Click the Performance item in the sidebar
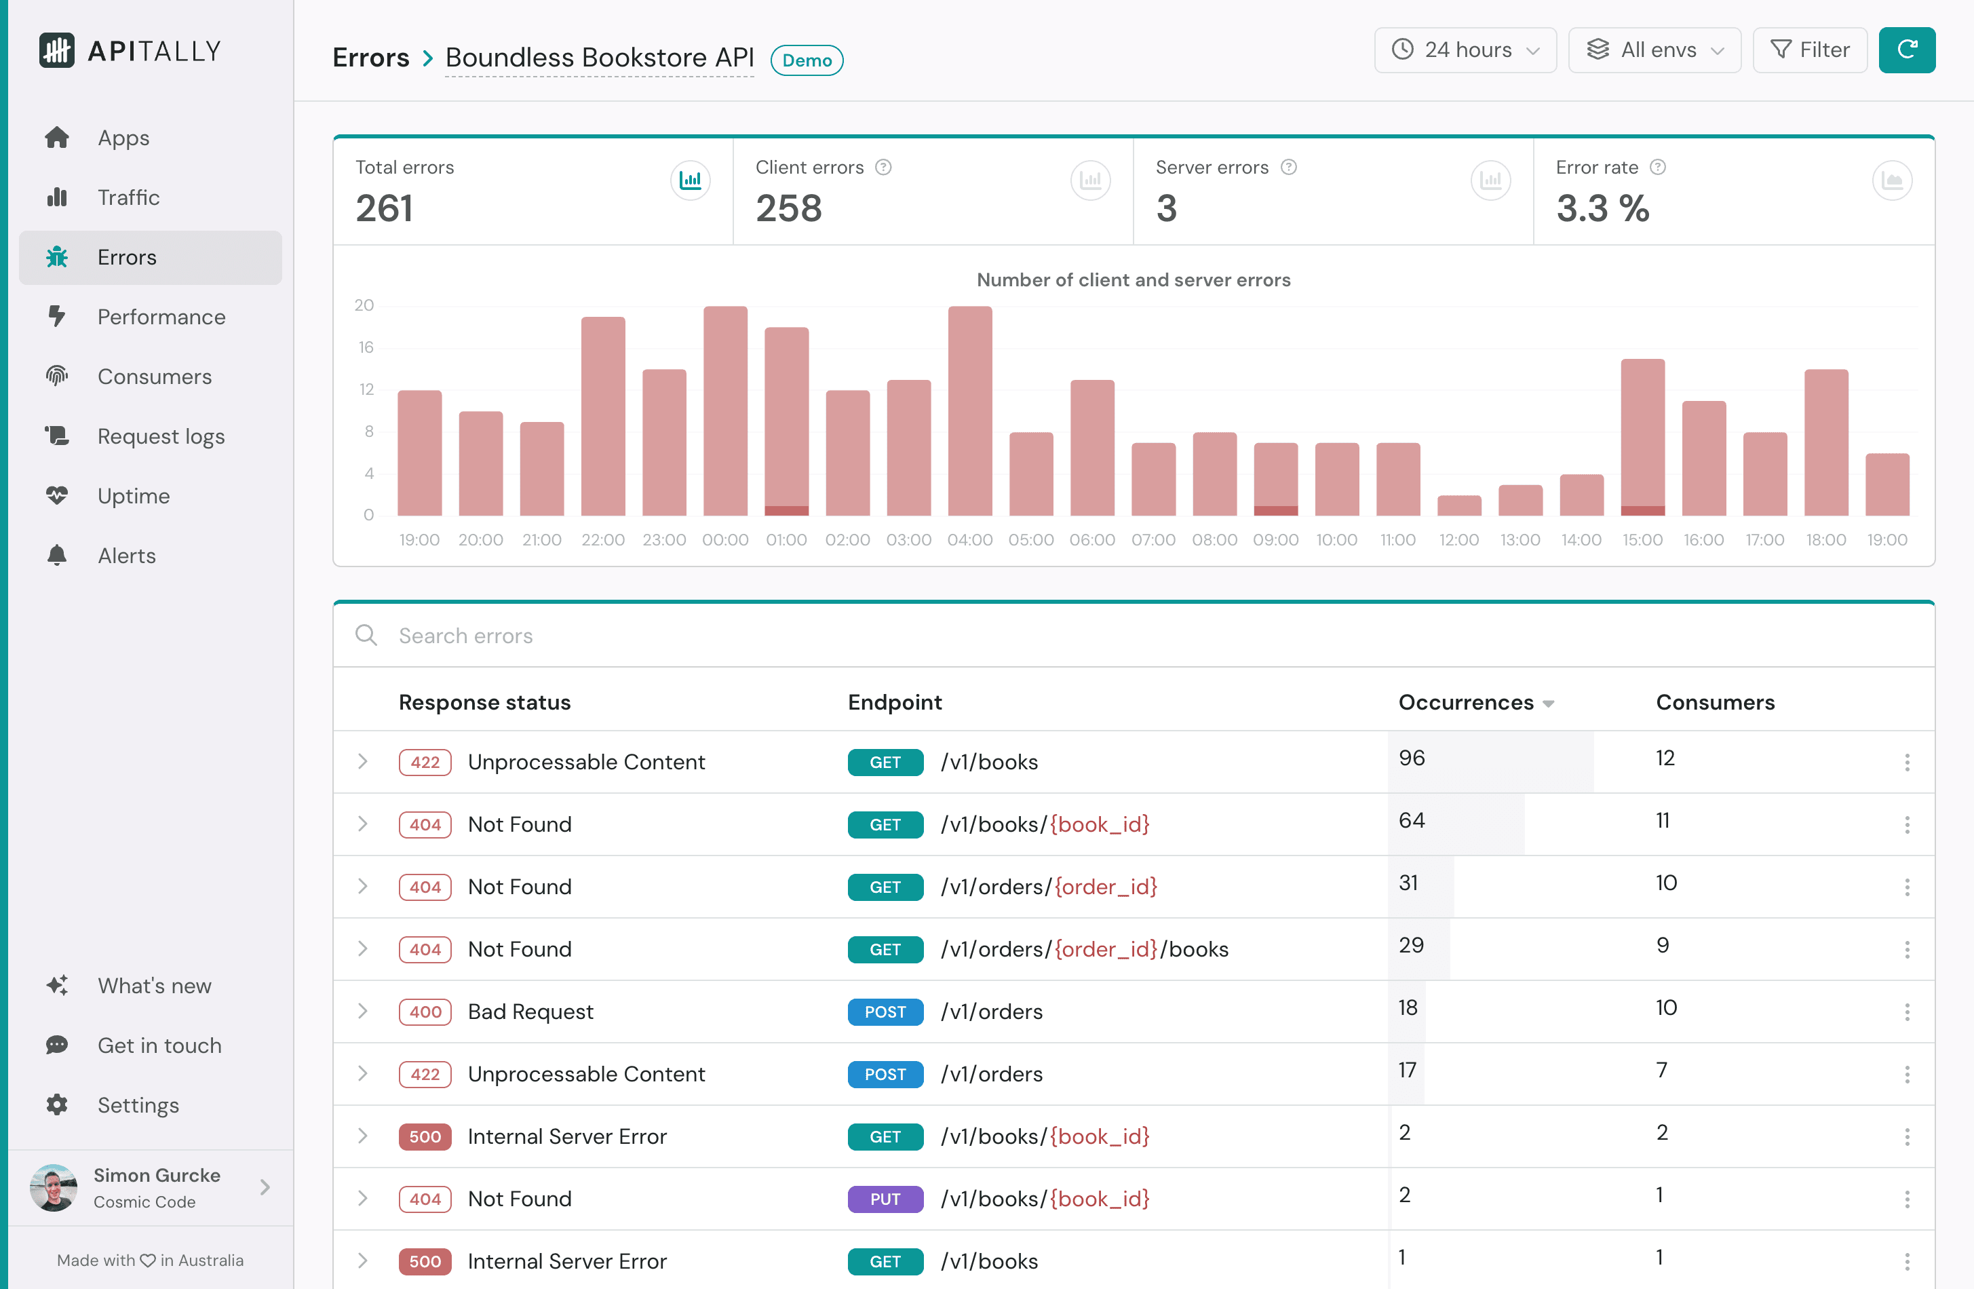161,317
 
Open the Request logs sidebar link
161,436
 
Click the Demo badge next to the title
806,60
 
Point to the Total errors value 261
384,208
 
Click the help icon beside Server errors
1288,168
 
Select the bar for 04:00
969,410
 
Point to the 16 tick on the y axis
366,347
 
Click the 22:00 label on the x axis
603,540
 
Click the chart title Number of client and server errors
1133,280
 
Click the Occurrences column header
1465,703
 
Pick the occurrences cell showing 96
1412,758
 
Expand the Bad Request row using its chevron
362,1011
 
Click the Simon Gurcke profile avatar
53,1187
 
